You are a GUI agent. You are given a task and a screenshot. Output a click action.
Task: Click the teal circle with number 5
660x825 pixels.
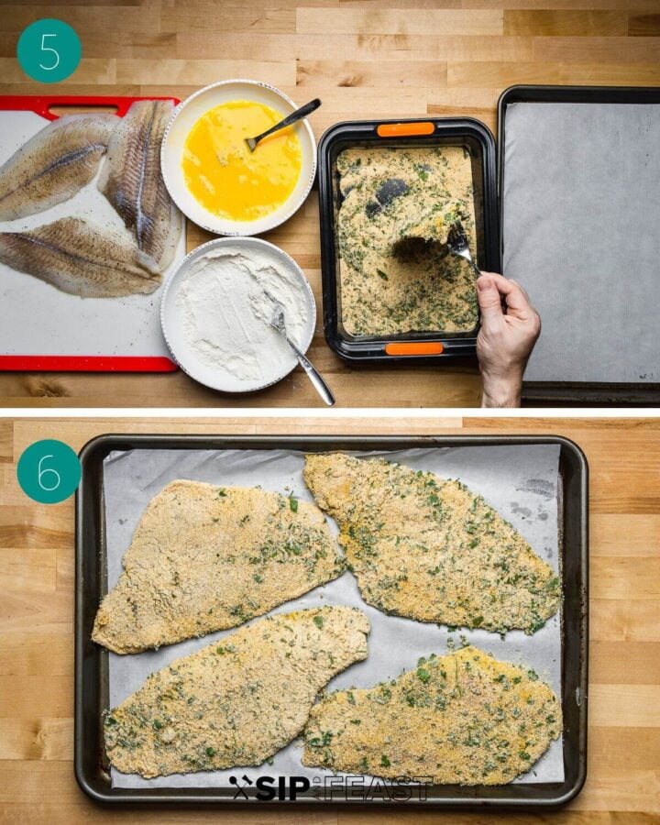(x=49, y=51)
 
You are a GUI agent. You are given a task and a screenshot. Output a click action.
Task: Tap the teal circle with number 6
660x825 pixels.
(x=49, y=471)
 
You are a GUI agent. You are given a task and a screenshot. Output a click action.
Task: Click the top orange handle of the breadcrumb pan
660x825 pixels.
(x=405, y=129)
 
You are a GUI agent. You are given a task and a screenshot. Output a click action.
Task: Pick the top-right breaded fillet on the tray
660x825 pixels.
(x=431, y=541)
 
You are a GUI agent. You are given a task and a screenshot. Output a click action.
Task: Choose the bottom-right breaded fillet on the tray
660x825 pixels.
(x=435, y=715)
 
